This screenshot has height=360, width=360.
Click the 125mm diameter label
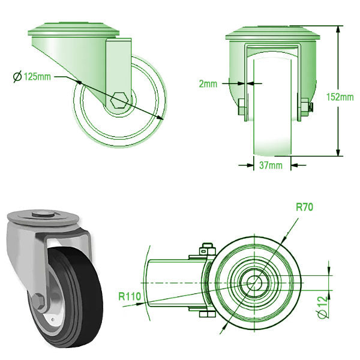click(x=36, y=76)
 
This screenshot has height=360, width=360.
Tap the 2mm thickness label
click(x=208, y=84)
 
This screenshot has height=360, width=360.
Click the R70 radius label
click(x=304, y=208)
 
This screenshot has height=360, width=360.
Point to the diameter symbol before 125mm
click(x=17, y=76)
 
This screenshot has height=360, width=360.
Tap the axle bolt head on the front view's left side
click(x=241, y=109)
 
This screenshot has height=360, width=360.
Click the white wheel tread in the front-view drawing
click(x=273, y=120)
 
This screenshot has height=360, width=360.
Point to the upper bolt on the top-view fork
click(x=208, y=248)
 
